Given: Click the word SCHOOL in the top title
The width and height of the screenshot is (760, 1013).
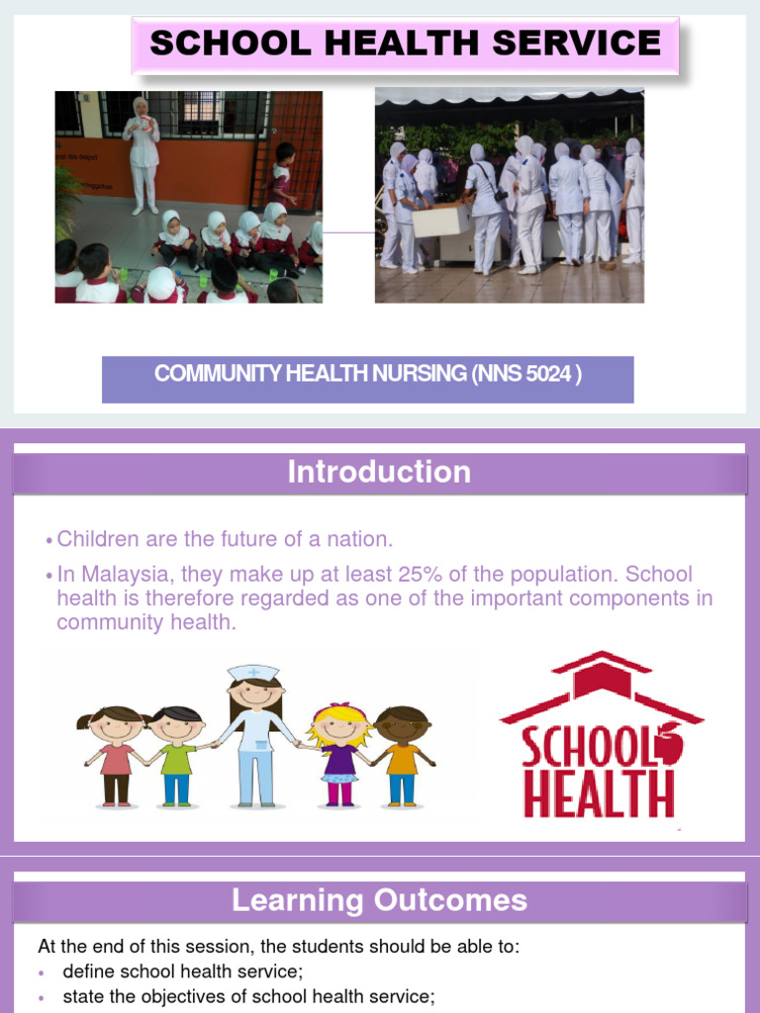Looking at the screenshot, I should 214,44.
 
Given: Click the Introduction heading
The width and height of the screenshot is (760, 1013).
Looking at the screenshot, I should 379,473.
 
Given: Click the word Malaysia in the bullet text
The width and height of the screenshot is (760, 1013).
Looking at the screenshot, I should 117,575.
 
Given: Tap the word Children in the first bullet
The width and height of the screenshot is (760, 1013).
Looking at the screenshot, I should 97,539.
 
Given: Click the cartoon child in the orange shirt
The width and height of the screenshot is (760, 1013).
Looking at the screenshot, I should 402,752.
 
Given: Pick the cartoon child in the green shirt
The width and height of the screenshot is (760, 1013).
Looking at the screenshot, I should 177,752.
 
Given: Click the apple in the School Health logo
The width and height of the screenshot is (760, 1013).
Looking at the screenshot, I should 668,742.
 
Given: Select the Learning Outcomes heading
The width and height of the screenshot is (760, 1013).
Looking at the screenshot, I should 379,900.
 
